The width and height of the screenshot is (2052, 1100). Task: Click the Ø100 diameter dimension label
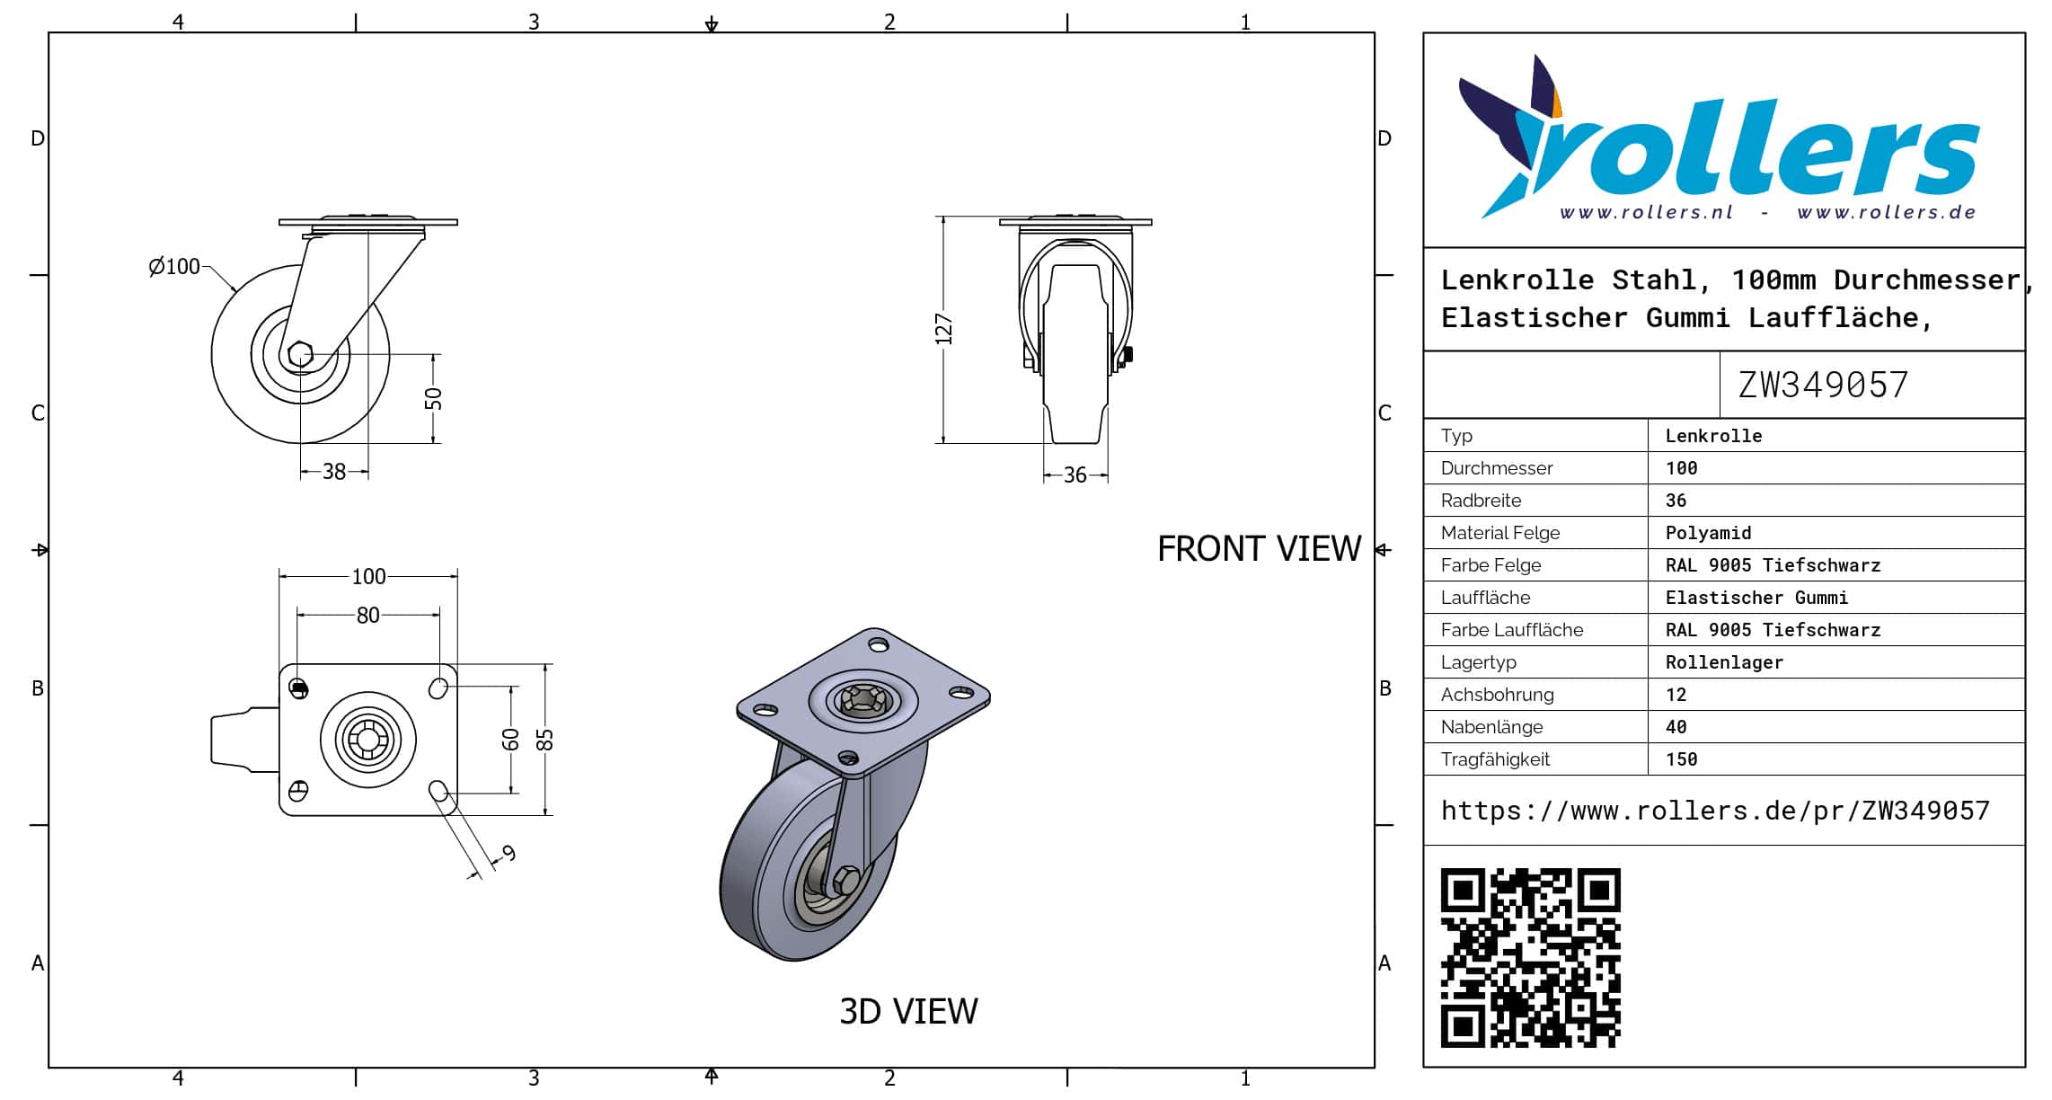[174, 266]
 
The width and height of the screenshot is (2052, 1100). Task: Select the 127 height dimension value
[943, 329]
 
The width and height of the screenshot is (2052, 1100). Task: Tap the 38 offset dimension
[334, 471]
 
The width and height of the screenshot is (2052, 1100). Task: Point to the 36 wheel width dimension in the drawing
[1075, 475]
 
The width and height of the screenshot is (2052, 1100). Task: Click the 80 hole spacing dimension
[368, 615]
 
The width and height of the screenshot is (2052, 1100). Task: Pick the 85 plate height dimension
[544, 739]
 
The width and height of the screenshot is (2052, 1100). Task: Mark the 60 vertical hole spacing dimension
[510, 739]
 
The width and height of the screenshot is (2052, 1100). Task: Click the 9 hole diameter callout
[509, 853]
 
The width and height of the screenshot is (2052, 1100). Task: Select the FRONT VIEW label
[1259, 548]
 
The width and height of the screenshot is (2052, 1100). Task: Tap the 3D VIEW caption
[908, 1011]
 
